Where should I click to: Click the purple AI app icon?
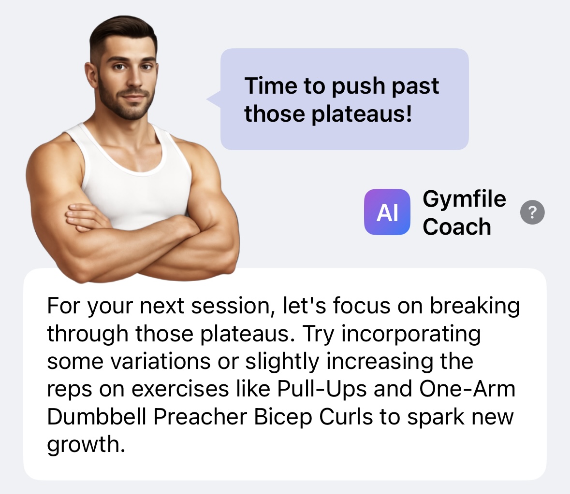pos(387,212)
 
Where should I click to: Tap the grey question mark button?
pos(532,212)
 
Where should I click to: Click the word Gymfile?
pos(464,199)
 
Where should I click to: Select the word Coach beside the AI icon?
pos(457,227)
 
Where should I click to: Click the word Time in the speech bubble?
pos(271,86)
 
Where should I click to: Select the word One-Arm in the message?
pos(468,389)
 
